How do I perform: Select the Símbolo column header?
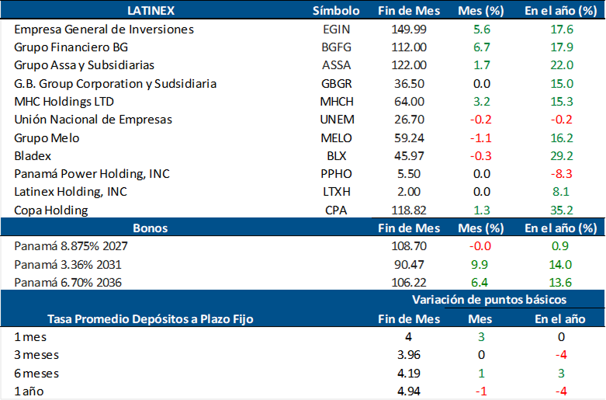pos(336,10)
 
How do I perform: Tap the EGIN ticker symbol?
pos(336,30)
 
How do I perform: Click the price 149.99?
pos(408,30)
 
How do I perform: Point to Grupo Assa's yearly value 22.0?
pos(560,65)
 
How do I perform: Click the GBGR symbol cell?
pos(336,83)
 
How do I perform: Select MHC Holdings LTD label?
pos(64,101)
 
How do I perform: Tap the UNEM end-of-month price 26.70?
pos(408,119)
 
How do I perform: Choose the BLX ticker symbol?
pos(336,155)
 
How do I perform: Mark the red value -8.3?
pos(560,173)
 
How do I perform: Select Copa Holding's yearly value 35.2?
pos(560,210)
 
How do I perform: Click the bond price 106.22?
pos(408,282)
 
